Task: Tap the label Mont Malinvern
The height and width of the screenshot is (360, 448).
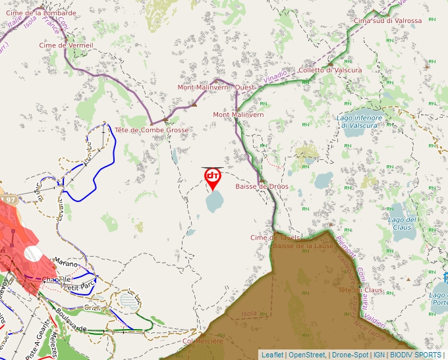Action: pos(238,115)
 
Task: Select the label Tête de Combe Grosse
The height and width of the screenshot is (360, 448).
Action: pos(152,130)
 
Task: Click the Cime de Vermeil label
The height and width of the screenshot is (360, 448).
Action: pos(67,45)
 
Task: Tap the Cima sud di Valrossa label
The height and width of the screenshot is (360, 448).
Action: pos(387,20)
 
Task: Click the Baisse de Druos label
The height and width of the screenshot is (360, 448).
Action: pos(262,186)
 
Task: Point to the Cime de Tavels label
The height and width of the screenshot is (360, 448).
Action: pos(275,237)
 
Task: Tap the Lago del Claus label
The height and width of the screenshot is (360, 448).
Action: pos(402,223)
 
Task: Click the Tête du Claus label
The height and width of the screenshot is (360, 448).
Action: pos(360,290)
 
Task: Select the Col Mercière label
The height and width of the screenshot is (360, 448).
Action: pos(203,341)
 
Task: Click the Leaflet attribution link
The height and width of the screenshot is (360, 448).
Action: pos(272,355)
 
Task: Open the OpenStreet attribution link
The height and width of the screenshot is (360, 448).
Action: pos(308,355)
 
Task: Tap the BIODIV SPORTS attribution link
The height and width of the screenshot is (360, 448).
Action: pos(415,355)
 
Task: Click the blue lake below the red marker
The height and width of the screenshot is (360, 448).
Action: pos(215,201)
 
